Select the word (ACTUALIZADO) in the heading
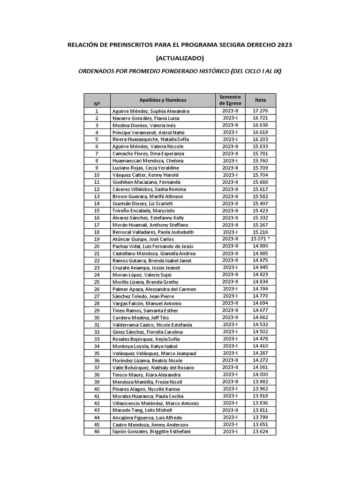(180, 58)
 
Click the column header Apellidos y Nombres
(163, 100)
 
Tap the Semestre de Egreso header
(230, 100)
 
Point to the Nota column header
(260, 100)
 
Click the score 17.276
(260, 111)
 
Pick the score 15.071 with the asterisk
(260, 239)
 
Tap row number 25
(97, 282)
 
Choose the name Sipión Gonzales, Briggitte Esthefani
(151, 431)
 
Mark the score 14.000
(260, 375)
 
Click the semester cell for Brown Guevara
(230, 196)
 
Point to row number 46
(97, 431)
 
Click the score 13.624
(260, 431)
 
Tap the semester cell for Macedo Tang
(230, 410)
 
